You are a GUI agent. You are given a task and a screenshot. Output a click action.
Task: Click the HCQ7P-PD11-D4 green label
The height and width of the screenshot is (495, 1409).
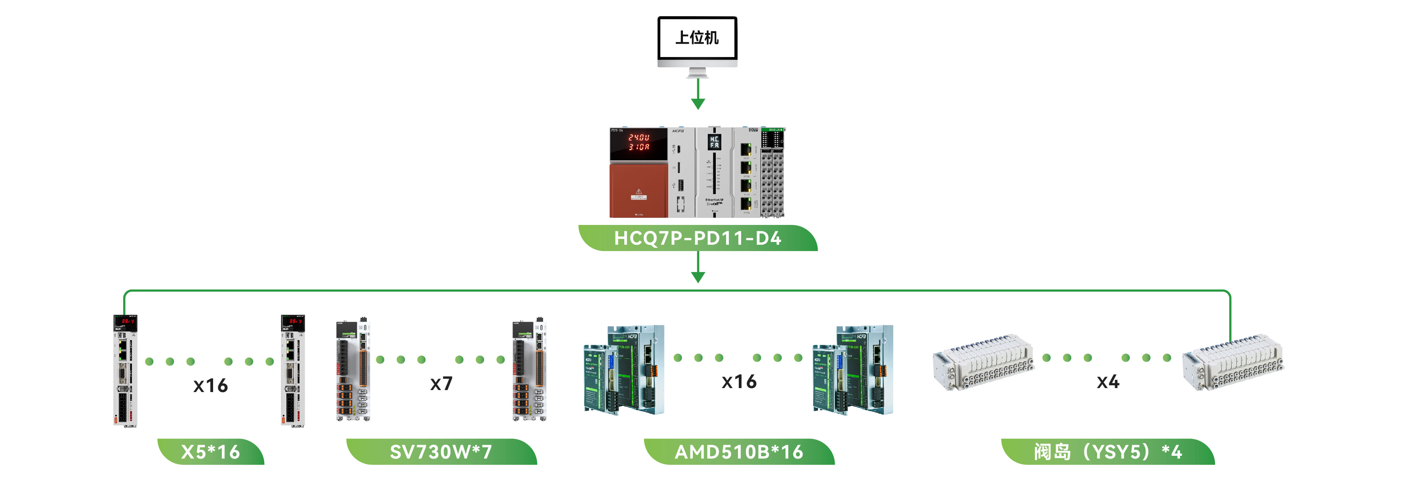tap(698, 238)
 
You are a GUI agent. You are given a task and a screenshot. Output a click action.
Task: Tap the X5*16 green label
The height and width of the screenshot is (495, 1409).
tap(211, 452)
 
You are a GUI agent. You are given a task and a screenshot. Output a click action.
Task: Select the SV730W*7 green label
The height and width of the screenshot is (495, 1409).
tap(441, 452)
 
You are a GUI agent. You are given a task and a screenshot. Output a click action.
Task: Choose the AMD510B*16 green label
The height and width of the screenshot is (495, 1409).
tap(739, 452)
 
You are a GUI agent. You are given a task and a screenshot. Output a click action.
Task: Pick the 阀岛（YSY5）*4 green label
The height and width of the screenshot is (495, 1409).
tap(1108, 452)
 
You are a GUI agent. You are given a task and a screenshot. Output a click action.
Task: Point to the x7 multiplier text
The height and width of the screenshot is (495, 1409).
tap(441, 383)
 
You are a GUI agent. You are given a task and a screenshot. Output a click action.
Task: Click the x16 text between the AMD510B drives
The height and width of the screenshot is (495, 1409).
tap(739, 382)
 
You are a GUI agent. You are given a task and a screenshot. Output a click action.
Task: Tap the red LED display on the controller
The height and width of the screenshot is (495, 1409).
tap(638, 143)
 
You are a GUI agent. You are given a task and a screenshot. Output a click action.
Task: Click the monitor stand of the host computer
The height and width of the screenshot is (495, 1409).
tap(698, 72)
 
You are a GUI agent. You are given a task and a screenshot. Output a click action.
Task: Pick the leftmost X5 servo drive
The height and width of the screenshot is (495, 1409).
tap(125, 370)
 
